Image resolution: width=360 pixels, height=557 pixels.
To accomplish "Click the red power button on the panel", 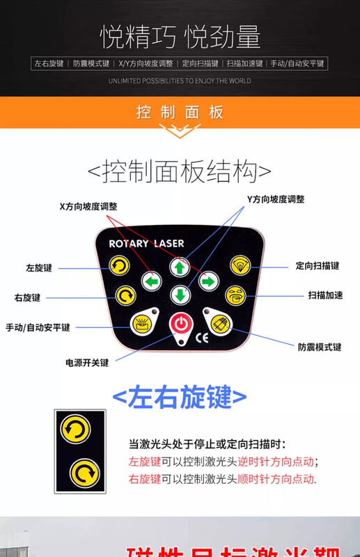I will tap(180, 324).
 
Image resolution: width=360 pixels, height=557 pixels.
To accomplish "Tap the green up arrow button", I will tap(180, 267).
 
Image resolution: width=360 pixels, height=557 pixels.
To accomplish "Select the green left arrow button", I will tap(152, 281).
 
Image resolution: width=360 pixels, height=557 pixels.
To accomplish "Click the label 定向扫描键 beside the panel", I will tap(317, 265).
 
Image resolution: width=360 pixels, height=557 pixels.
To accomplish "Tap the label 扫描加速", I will tap(324, 295).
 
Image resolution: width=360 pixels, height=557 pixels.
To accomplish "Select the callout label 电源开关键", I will tap(88, 363).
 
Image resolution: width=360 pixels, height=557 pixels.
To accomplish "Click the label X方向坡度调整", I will tap(88, 206).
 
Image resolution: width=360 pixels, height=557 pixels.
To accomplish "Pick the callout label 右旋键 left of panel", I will tap(29, 298).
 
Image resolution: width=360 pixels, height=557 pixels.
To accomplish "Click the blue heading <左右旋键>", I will tap(180, 398).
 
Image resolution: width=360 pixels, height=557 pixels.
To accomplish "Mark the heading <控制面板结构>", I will tap(180, 171).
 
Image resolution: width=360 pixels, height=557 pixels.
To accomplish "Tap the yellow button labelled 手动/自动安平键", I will tap(143, 322).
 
